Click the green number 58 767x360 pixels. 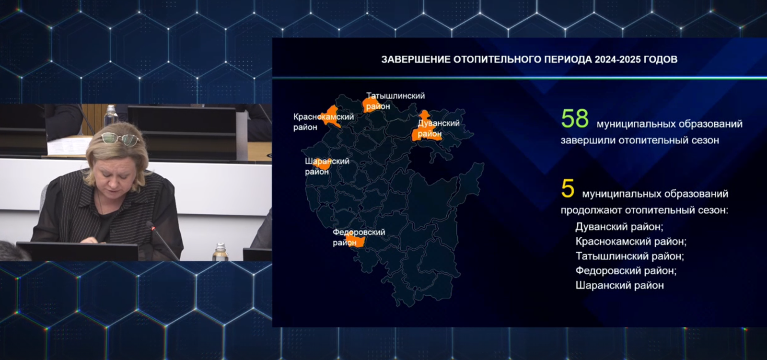coord(575,118)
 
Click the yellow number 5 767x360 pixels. coord(568,188)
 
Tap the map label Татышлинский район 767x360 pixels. coord(395,101)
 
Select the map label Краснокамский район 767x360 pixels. coord(324,122)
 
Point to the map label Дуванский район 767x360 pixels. coord(439,128)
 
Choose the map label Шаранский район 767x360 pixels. coord(327,166)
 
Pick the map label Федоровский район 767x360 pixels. coord(359,237)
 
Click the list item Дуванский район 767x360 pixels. coord(619,227)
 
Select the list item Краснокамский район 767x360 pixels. coord(631,242)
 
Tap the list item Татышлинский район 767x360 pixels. coord(630,256)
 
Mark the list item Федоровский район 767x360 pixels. coord(626,271)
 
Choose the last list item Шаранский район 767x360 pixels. coord(620,285)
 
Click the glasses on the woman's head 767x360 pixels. coord(120,139)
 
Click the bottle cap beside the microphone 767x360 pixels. coord(221,246)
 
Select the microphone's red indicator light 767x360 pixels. coord(153,228)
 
